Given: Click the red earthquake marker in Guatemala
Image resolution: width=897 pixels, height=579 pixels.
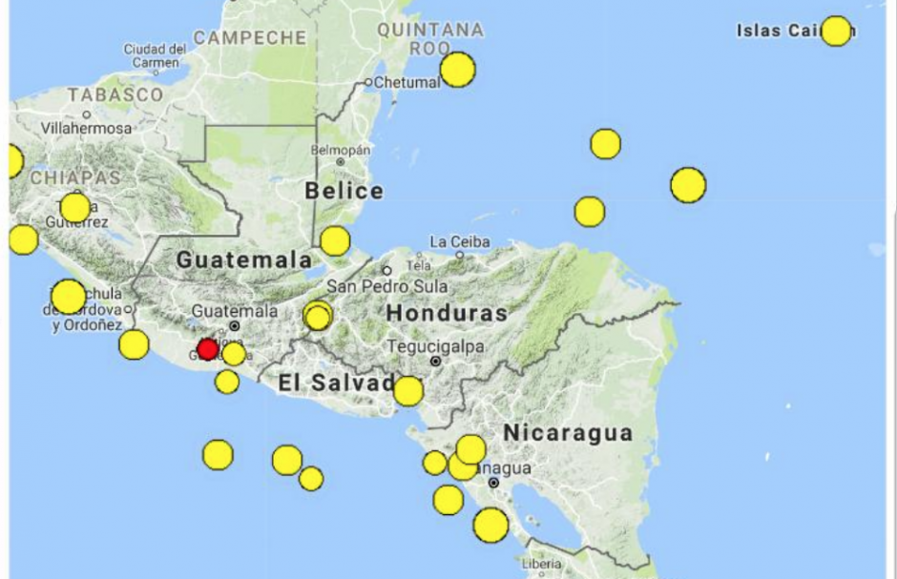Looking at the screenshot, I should pyautogui.click(x=207, y=349).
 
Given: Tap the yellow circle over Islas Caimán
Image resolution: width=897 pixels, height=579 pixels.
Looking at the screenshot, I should pyautogui.click(x=836, y=31).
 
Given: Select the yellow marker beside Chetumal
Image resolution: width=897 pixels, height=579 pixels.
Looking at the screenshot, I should pyautogui.click(x=457, y=70).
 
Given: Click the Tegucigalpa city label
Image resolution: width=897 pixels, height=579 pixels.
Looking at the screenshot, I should pyautogui.click(x=434, y=346).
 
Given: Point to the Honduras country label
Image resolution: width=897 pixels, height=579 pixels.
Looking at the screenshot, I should pyautogui.click(x=447, y=313).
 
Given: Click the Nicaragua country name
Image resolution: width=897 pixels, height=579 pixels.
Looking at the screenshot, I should pyautogui.click(x=568, y=433).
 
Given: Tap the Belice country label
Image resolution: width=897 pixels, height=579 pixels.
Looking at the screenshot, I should pyautogui.click(x=344, y=191).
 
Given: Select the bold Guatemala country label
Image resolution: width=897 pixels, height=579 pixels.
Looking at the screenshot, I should pyautogui.click(x=243, y=259).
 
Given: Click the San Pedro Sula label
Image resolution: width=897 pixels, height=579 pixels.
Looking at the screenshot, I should pyautogui.click(x=386, y=286).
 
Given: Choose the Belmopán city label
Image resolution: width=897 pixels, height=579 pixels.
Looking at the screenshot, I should pyautogui.click(x=339, y=151).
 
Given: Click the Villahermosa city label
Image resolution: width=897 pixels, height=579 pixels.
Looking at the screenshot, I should pyautogui.click(x=86, y=128).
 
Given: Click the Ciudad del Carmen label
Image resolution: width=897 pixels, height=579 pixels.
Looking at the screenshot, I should pyautogui.click(x=155, y=55).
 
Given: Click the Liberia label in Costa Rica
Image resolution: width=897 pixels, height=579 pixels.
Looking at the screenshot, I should pyautogui.click(x=542, y=564).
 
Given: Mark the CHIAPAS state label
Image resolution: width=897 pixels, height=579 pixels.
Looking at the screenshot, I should pyautogui.click(x=76, y=177).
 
